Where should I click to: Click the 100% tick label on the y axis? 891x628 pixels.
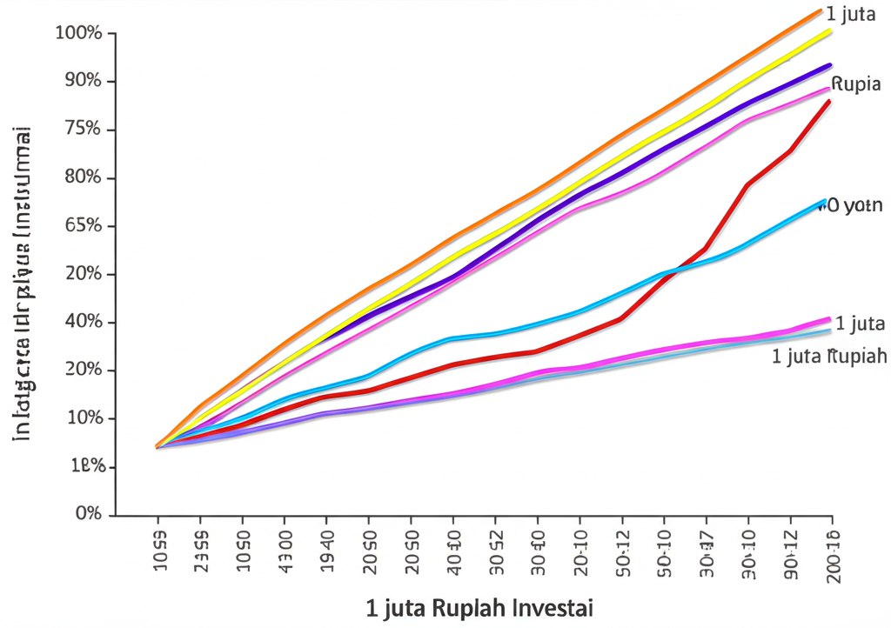tap(79, 33)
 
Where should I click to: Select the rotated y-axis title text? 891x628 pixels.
tap(23, 283)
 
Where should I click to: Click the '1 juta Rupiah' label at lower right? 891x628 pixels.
tap(828, 356)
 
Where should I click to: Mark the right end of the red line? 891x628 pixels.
tap(829, 102)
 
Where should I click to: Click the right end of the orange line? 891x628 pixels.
tap(821, 10)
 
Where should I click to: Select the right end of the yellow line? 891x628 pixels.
tap(830, 30)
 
